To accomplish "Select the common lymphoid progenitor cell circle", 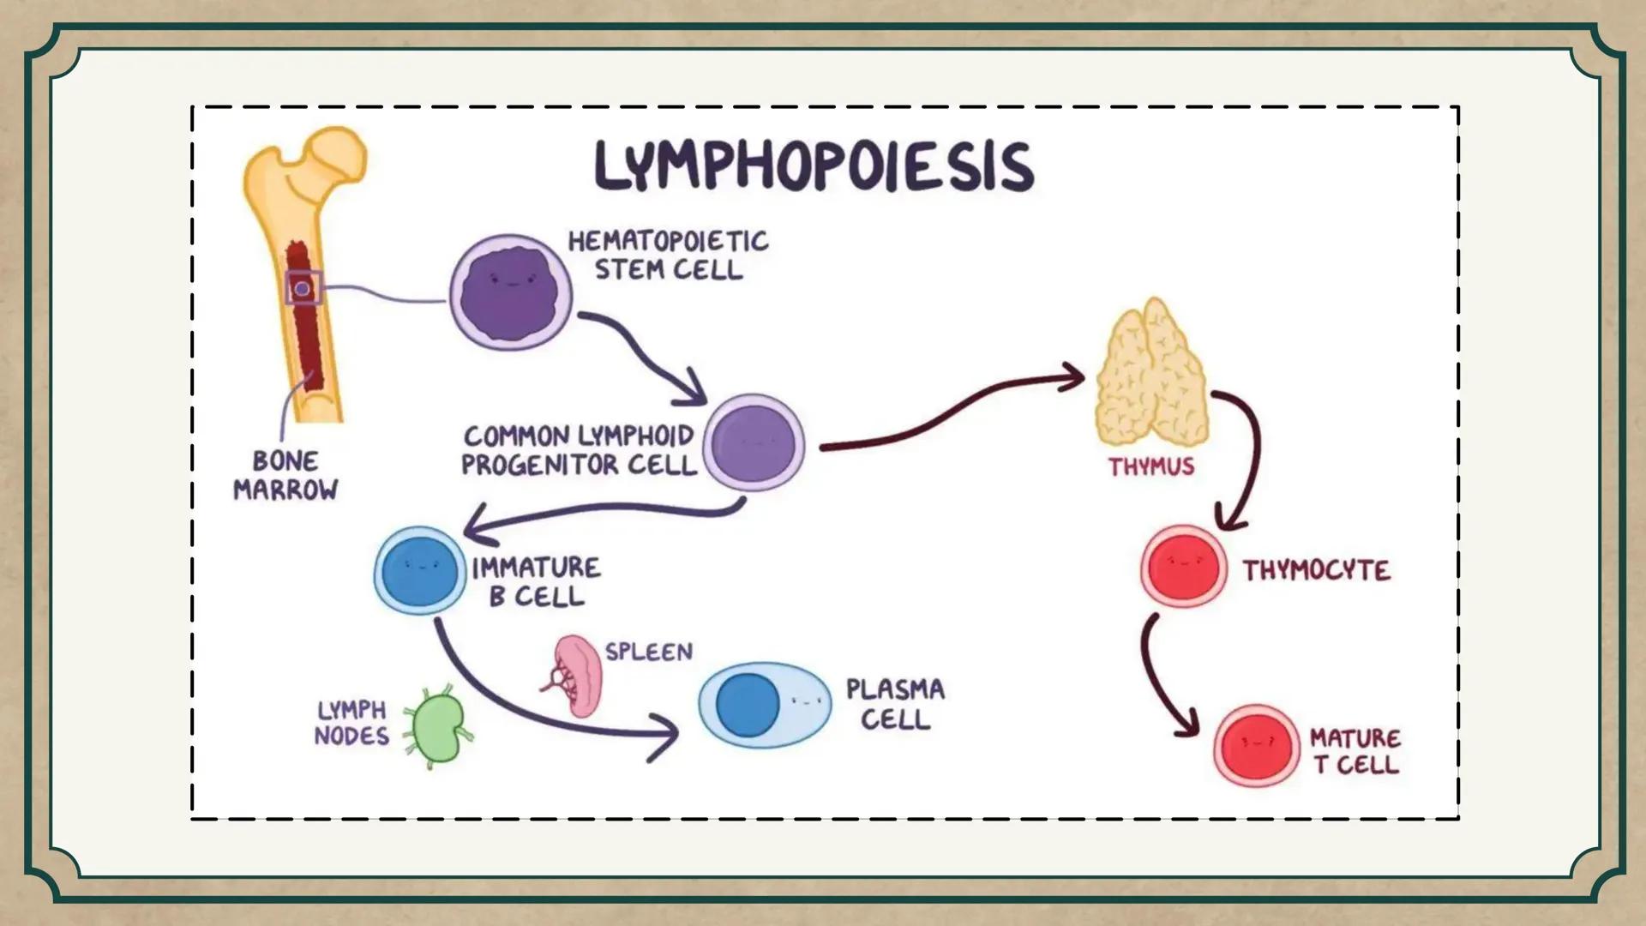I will pyautogui.click(x=754, y=444).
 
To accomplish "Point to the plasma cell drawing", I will pyautogui.click(x=763, y=705).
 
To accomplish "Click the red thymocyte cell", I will pyautogui.click(x=1183, y=567).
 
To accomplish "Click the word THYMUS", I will pyautogui.click(x=1150, y=467).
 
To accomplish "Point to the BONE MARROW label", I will pyautogui.click(x=285, y=476).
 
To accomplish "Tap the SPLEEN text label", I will pyautogui.click(x=649, y=652).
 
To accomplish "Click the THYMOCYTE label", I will pyautogui.click(x=1316, y=571).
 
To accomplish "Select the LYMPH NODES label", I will pyautogui.click(x=351, y=723).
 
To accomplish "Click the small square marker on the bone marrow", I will pyautogui.click(x=303, y=288).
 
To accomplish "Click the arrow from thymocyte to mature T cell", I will pyautogui.click(x=1161, y=677).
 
